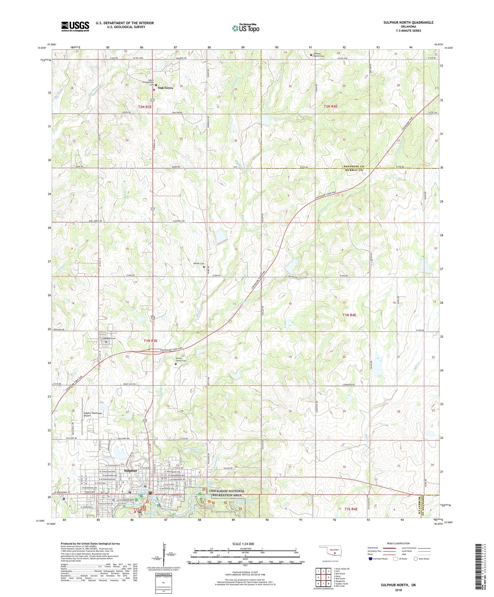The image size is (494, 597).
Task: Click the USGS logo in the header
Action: click(75, 26)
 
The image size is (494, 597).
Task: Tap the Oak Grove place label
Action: click(165, 88)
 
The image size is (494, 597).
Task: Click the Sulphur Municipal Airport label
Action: click(93, 414)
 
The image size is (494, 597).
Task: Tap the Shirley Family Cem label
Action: click(181, 360)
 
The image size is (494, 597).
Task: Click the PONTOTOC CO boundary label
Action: click(354, 167)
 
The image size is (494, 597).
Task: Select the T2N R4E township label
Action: click(330, 107)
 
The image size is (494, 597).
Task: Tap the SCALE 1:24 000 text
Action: click(243, 544)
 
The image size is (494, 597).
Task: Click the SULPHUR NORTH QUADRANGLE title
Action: click(408, 23)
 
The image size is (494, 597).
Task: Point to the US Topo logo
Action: click(245, 28)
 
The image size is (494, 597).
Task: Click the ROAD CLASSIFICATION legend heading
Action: click(398, 543)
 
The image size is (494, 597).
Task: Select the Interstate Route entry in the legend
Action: click(379, 559)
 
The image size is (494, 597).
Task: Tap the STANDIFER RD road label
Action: click(347, 385)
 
